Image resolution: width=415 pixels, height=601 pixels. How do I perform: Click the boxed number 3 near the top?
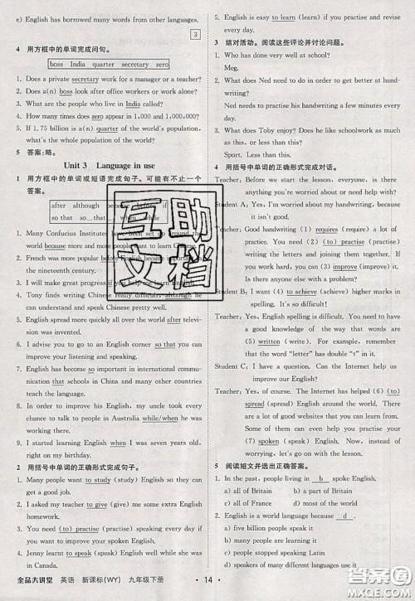click(195, 34)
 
